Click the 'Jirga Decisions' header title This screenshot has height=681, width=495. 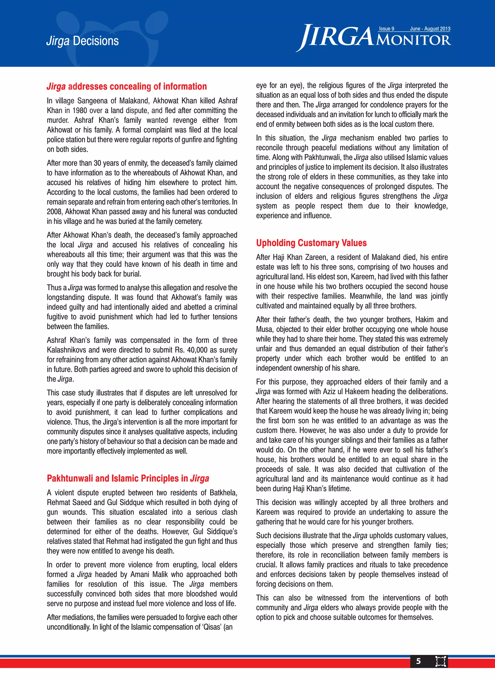coord(83,41)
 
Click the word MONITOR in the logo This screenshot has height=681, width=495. coord(413,40)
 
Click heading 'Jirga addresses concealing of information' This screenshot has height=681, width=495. coord(126,87)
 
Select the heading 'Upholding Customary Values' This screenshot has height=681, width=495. coord(311,243)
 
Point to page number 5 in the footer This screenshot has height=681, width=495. coord(418,661)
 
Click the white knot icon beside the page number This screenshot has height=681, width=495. coord(440,661)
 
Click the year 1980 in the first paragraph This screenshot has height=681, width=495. coord(80,110)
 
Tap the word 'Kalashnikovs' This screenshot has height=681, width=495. coord(66,350)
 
